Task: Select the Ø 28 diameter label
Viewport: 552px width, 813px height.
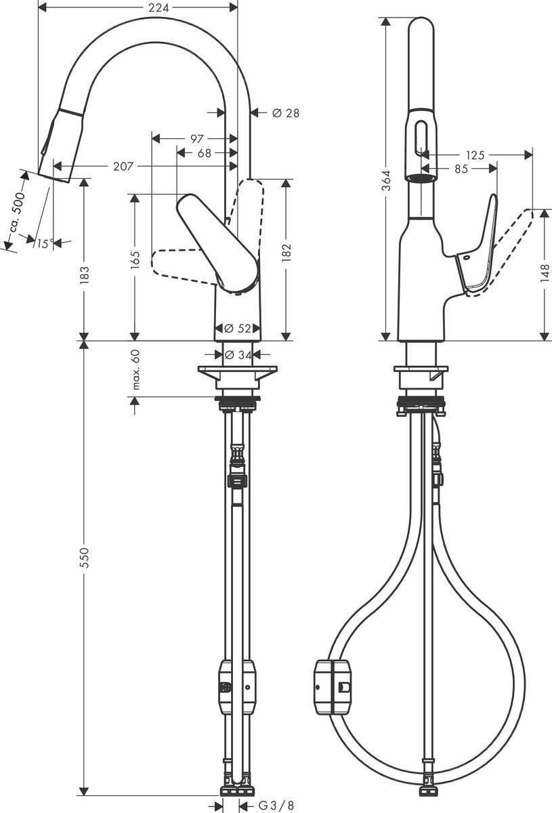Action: tap(285, 112)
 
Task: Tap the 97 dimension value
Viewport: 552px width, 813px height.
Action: tap(197, 139)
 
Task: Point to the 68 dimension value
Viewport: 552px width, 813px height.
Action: tap(203, 152)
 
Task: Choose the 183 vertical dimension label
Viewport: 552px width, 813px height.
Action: tap(85, 274)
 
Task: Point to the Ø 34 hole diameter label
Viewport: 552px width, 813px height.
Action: tap(238, 354)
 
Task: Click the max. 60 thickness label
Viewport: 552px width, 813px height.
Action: tap(135, 370)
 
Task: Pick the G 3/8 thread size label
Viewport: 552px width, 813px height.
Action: tap(276, 806)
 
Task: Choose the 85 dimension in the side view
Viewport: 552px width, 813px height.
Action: tap(461, 169)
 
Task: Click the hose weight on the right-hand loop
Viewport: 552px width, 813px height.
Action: tap(333, 687)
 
